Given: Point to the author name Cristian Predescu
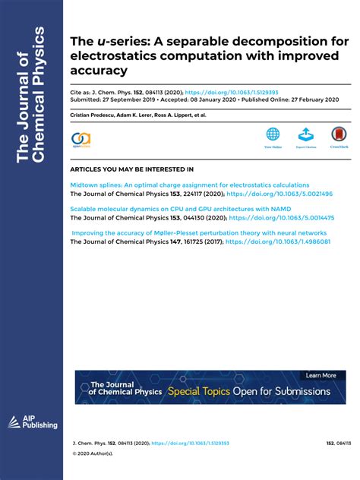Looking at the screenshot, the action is tap(93, 115).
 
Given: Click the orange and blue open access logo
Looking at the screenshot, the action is tap(81, 139).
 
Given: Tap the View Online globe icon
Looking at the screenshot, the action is tap(273, 135).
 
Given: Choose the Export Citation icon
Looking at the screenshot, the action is tap(305, 135).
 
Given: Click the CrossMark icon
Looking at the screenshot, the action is tap(339, 135).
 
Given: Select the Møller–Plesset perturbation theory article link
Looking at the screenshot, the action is tap(200, 232).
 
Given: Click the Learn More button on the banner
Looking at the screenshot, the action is tap(321, 375).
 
